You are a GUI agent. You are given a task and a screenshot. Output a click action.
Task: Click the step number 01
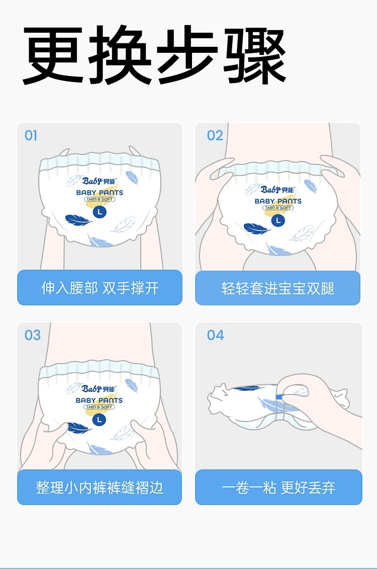(31, 136)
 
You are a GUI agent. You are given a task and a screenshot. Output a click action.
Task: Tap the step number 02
(215, 136)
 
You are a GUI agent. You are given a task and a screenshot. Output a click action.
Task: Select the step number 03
(33, 335)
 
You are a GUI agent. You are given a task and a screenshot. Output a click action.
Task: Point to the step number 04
(215, 335)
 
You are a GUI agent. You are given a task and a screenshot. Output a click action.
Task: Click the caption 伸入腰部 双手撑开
(100, 288)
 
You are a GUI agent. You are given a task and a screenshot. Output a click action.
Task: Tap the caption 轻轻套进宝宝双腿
(277, 288)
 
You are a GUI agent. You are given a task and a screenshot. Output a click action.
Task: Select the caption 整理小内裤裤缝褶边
(100, 487)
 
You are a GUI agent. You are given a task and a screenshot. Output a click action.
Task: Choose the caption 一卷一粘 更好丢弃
(278, 487)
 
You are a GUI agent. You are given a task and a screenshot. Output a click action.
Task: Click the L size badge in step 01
(100, 212)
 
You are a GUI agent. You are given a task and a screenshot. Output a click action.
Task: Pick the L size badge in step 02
(278, 220)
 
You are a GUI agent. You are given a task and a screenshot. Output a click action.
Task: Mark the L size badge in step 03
(99, 420)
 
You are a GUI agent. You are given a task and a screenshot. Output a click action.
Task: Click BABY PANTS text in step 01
(100, 193)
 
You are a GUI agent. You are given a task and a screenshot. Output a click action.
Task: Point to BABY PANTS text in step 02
(278, 201)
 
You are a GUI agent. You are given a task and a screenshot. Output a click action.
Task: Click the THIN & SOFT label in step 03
(99, 407)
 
